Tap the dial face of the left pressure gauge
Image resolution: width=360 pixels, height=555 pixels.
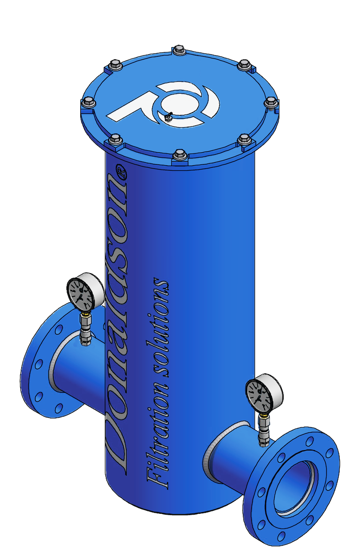[81, 291]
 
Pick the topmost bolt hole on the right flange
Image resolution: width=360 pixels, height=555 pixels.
[309, 441]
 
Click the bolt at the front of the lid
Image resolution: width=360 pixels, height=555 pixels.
[179, 155]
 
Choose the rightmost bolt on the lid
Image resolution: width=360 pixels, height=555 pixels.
[271, 101]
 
